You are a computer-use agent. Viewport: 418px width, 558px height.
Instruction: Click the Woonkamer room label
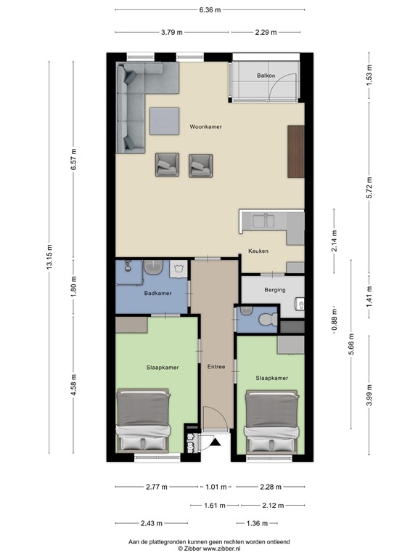tap(206, 126)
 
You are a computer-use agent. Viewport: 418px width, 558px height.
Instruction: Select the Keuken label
tap(258, 251)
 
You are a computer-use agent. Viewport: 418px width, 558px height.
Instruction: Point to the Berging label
tap(274, 290)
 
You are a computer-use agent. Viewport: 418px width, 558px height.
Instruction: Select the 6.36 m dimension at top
tap(210, 10)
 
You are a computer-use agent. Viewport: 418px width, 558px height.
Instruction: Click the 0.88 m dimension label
tap(334, 320)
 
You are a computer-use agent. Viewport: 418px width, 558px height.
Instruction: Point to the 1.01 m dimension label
tap(217, 487)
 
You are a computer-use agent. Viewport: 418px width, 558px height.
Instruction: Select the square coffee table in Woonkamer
tap(164, 121)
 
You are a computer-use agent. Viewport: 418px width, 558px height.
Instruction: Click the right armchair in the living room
tap(200, 165)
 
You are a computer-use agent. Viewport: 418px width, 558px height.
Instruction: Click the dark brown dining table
tap(295, 150)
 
